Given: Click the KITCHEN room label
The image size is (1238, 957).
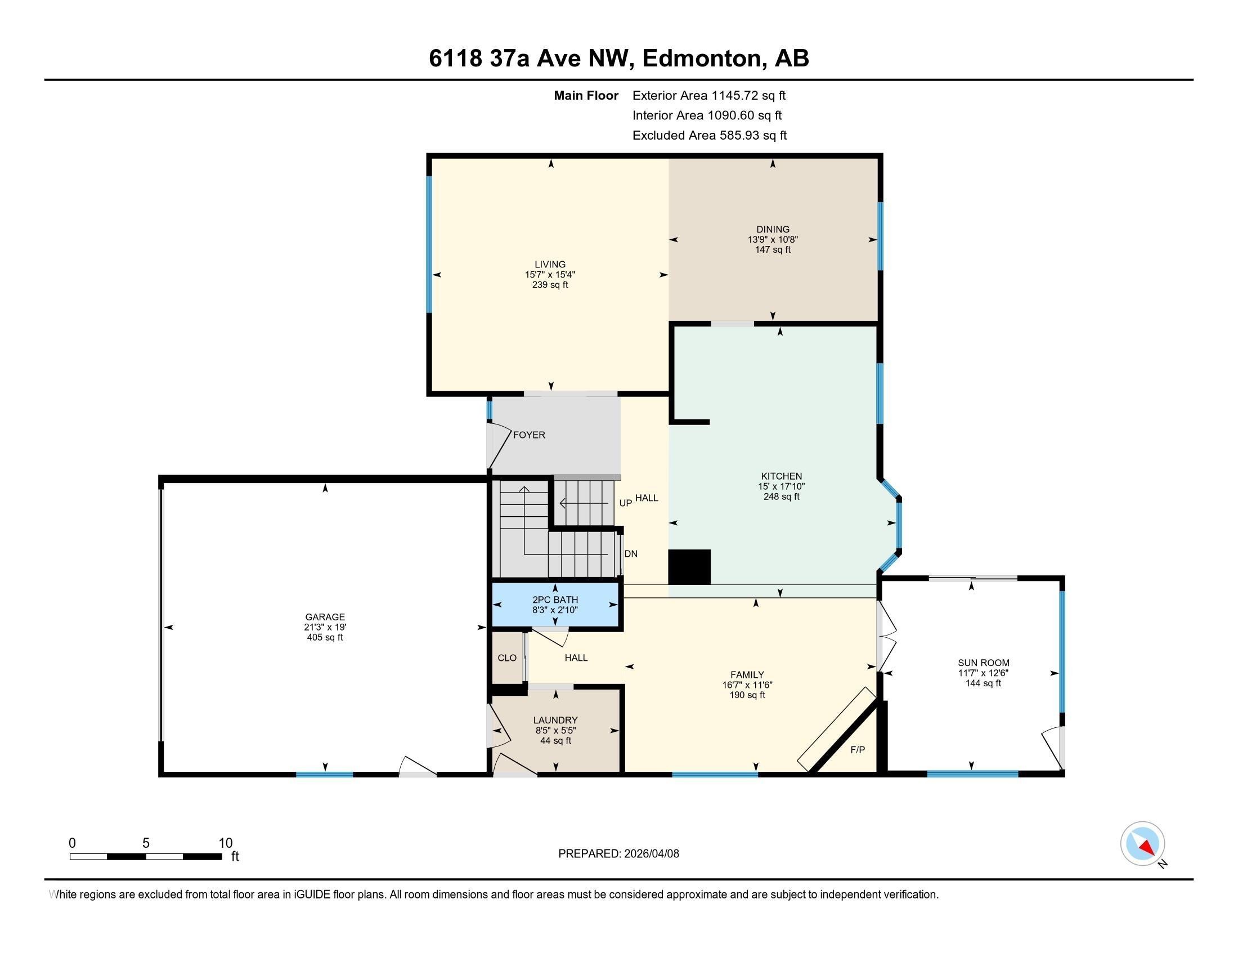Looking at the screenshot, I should [x=781, y=476].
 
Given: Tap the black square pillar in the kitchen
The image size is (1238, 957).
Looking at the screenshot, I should [x=689, y=566].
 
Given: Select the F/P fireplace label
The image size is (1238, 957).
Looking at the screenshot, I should [x=857, y=749].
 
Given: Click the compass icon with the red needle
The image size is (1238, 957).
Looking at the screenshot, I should [x=1142, y=844].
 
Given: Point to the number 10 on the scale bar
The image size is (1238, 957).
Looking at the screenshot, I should [x=225, y=843].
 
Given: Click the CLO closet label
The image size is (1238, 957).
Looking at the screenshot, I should [x=507, y=658].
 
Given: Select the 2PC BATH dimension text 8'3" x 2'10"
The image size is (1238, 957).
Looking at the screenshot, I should [x=555, y=610].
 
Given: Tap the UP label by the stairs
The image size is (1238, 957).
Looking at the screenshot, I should [x=625, y=503].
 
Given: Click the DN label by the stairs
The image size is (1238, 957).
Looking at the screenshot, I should [x=630, y=554].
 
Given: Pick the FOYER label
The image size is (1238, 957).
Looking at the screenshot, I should [x=529, y=435].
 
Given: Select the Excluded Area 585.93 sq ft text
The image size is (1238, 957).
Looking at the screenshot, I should [x=709, y=135].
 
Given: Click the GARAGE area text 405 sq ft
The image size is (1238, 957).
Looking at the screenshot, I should [x=325, y=637].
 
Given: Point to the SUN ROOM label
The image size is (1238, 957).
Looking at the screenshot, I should [x=983, y=663].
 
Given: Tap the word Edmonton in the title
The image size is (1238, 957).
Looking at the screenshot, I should [x=701, y=58].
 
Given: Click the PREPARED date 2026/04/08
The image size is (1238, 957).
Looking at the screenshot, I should [x=650, y=854].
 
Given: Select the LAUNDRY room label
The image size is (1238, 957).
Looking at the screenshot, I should [x=555, y=720].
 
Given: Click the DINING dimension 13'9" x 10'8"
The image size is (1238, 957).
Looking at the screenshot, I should [x=773, y=239].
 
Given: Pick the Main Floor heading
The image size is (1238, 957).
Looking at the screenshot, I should [x=586, y=95].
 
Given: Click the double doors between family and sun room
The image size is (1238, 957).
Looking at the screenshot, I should [x=885, y=643].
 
